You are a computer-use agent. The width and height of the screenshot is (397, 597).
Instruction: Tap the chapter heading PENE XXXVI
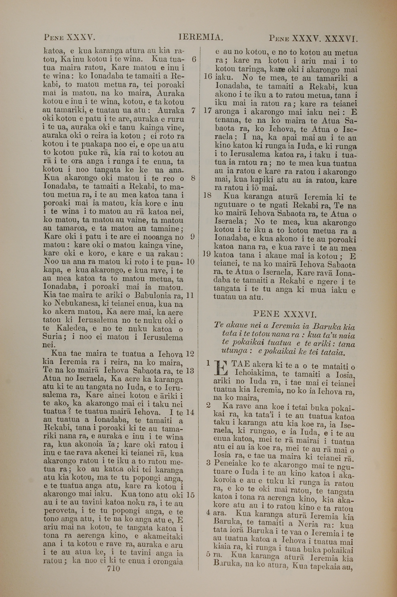click(285, 315)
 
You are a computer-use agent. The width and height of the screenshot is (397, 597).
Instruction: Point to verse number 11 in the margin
click(190, 296)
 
